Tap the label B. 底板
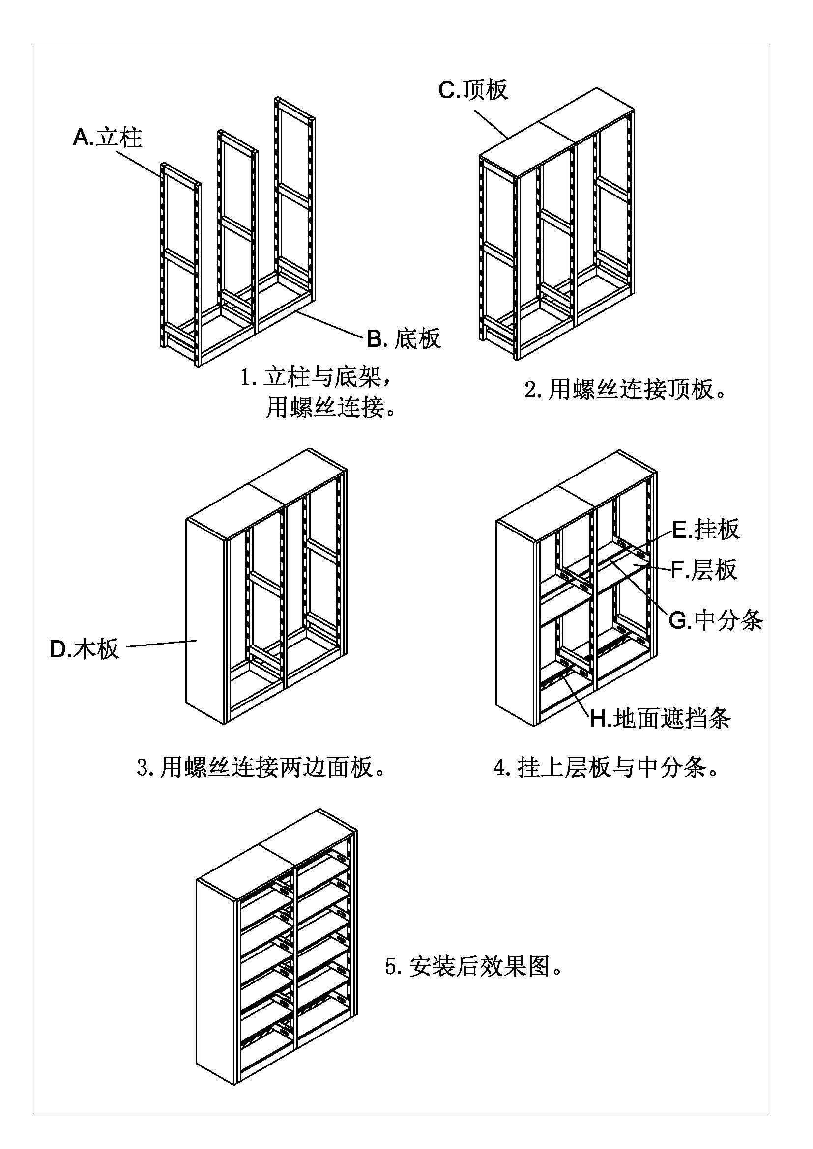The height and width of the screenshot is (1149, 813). point(404,339)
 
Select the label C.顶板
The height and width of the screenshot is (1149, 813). point(473,89)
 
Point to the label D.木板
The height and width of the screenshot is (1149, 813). point(85,649)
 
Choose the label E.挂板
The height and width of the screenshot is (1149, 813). point(705,530)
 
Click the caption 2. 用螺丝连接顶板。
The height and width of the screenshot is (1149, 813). point(625,390)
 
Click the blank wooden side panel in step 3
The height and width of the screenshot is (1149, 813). point(205,620)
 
